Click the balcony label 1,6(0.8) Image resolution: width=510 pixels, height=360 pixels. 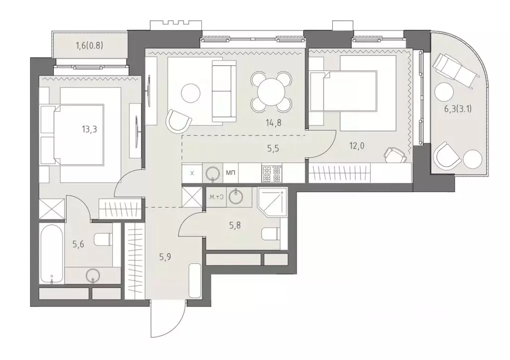[x=90, y=47]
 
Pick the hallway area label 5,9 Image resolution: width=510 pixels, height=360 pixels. [x=165, y=258]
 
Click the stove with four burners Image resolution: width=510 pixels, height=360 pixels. [x=271, y=173]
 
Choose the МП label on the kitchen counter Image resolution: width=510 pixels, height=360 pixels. [x=231, y=173]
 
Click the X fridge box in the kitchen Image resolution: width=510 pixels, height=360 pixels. [x=192, y=173]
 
